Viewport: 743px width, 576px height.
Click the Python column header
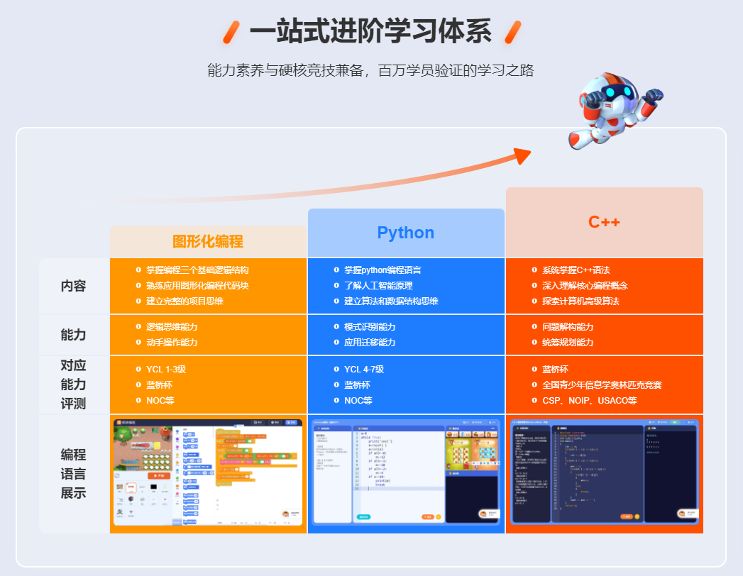(x=405, y=233)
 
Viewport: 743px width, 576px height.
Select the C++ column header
(x=604, y=222)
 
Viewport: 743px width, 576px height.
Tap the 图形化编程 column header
(x=208, y=242)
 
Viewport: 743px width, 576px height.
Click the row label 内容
(x=73, y=287)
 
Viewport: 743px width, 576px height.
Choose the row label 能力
(x=73, y=335)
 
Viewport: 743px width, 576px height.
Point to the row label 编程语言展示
(x=73, y=473)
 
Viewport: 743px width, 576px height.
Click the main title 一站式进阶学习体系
(x=370, y=33)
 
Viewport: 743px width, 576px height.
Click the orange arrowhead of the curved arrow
(x=522, y=156)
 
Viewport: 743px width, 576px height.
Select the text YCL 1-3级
(x=166, y=370)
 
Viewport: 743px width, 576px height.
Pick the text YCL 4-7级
(x=364, y=370)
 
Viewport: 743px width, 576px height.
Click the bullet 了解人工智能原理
(x=378, y=286)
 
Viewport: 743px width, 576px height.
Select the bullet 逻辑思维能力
(x=172, y=327)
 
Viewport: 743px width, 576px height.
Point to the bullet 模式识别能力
(x=370, y=327)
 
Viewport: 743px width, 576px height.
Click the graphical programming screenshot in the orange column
(x=208, y=473)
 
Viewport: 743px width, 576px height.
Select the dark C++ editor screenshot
(x=605, y=473)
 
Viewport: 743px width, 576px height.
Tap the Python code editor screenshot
(x=406, y=473)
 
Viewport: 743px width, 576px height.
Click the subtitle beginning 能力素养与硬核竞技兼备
(x=370, y=70)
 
